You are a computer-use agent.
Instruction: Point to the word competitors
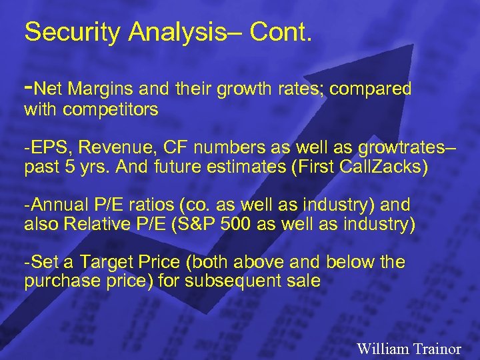[111, 109]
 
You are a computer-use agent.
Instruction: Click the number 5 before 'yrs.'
[65, 167]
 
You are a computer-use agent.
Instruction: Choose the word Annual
[59, 205]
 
